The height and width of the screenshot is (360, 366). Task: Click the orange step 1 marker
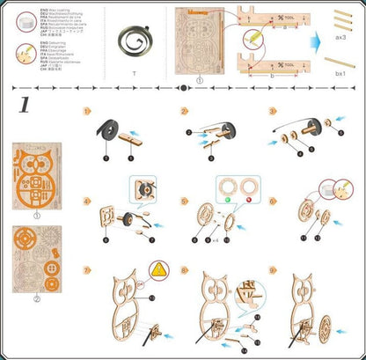(x=86, y=112)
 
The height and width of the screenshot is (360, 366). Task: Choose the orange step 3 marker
(x=273, y=112)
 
